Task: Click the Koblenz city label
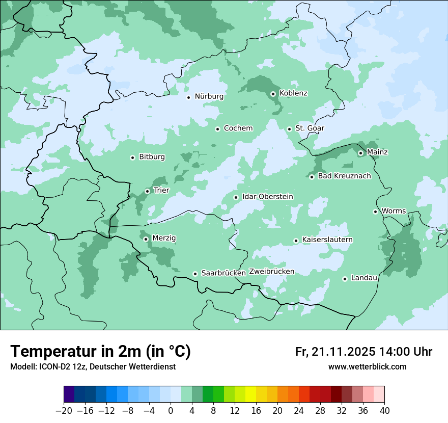point(293,93)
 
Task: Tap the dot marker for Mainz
point(360,153)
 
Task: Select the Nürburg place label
point(209,96)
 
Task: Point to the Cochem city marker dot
point(217,129)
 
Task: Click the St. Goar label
point(310,128)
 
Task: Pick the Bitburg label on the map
point(152,157)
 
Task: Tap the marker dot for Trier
point(147,191)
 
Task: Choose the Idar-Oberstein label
point(268,197)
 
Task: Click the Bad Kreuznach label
point(344,176)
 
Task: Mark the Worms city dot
point(375,211)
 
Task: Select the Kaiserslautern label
point(327,240)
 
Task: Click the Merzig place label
point(164,238)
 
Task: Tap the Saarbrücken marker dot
point(195,274)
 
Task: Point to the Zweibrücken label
point(271,272)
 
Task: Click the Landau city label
point(364,278)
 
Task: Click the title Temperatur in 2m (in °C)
point(101,352)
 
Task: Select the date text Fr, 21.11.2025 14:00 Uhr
point(363,352)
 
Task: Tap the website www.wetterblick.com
point(367,367)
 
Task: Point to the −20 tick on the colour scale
point(64,411)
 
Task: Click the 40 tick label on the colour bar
point(384,411)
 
